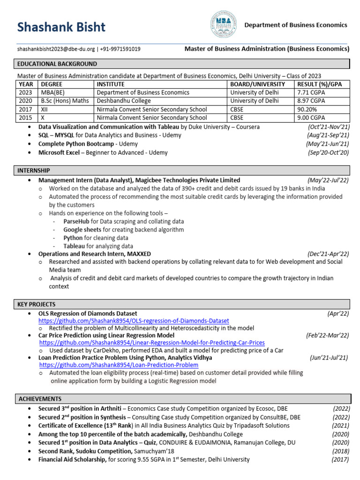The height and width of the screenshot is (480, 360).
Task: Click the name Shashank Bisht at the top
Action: point(61,28)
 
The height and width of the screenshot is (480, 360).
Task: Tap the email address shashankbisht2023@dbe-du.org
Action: point(56,49)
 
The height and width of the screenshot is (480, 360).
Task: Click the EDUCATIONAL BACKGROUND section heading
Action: point(57,64)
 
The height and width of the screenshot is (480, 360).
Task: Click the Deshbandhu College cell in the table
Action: point(124,101)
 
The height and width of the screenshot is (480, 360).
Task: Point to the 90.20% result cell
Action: point(307,110)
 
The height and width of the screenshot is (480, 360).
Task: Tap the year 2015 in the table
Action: point(26,118)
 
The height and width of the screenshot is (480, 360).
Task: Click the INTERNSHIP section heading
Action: point(34,170)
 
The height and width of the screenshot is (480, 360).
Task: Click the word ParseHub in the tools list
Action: point(76,221)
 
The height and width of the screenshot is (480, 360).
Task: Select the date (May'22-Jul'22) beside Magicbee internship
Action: point(328,180)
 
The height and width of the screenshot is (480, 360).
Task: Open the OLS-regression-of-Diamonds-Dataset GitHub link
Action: point(134,321)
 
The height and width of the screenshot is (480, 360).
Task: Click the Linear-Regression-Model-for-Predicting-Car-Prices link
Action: point(152,343)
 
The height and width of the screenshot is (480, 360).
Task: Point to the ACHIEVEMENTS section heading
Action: point(40,398)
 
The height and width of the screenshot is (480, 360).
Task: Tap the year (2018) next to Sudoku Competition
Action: point(340,451)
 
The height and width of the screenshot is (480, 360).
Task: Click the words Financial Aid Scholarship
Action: point(72,459)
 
